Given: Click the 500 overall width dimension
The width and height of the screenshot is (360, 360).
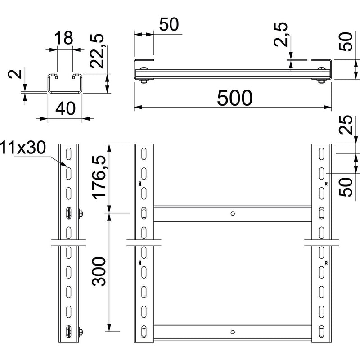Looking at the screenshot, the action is coord(234,98).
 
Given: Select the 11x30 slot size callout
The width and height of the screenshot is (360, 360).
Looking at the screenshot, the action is coord(23,147).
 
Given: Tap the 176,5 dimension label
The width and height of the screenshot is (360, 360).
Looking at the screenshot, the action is coord(99,177).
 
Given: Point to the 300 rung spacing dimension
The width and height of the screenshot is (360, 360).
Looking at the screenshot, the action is coord(99,272).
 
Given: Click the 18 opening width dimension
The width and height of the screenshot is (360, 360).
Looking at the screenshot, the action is coord(64,38).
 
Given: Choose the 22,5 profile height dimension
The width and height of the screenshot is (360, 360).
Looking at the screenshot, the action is coord(97,51).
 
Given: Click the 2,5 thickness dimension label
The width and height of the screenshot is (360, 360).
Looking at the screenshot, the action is coord(281,35).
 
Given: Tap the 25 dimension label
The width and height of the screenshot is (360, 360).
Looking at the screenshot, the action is coord(346,125).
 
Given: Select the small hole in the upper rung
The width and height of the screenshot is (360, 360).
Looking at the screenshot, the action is coord(233,214).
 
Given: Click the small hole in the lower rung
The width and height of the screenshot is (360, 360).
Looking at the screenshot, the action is coord(233,332).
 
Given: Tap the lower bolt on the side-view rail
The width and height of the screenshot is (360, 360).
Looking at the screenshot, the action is coord(81,332).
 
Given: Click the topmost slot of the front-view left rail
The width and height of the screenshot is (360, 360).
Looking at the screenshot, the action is coord(144,154).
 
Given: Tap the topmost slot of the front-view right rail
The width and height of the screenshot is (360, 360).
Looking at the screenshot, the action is coord(321,154).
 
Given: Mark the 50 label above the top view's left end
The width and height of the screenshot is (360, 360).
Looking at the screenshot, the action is coord(169,24).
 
